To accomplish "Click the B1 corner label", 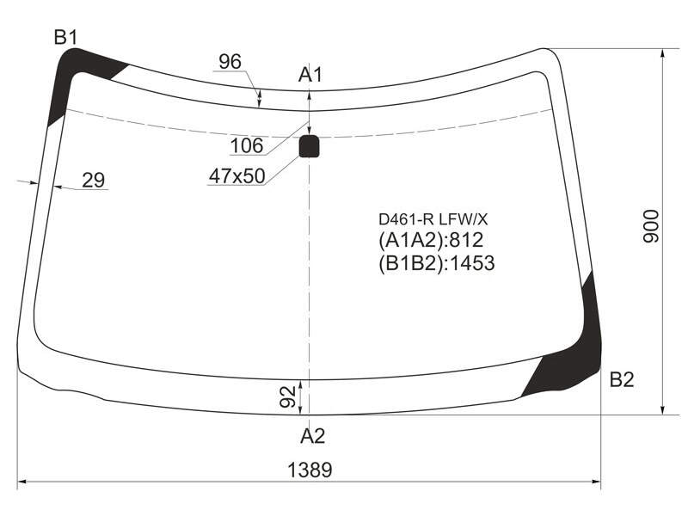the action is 66,37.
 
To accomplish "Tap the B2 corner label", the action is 622,379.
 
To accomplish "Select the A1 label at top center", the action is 310,75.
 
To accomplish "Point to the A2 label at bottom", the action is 313,436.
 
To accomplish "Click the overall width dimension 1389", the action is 310,470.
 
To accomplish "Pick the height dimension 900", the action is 651,226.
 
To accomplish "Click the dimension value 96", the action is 230,62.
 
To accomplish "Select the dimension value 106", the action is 247,145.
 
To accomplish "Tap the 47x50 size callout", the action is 237,176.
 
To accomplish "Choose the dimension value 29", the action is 94,181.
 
